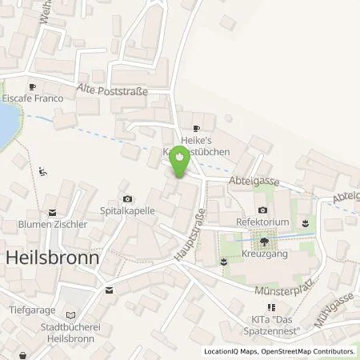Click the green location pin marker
pyautogui.click(x=181, y=164)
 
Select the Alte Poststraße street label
pyautogui.click(x=113, y=90)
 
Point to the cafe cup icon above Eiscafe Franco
pyautogui.click(x=32, y=88)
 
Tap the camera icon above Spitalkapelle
pyautogui.click(x=126, y=198)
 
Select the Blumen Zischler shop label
pyautogui.click(x=53, y=225)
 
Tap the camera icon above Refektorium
pyautogui.click(x=262, y=210)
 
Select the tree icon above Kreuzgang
pyautogui.click(x=264, y=240)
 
